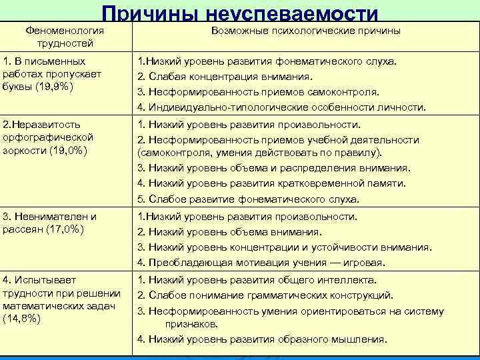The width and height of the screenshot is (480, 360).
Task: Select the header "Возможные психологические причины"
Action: click(x=305, y=31)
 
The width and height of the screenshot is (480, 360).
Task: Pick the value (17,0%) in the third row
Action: click(x=68, y=229)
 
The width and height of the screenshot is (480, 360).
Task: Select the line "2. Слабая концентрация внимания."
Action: click(x=226, y=77)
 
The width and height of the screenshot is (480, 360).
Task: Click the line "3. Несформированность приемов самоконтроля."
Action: click(x=258, y=92)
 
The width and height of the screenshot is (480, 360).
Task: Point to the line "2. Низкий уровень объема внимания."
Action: click(x=229, y=232)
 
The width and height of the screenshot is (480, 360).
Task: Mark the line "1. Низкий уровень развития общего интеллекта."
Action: click(x=257, y=280)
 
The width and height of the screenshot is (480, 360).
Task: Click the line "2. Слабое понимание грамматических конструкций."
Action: click(x=265, y=295)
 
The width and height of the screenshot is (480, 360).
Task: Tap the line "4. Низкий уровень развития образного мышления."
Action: click(x=261, y=339)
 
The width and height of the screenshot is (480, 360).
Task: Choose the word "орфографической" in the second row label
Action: click(x=48, y=137)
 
